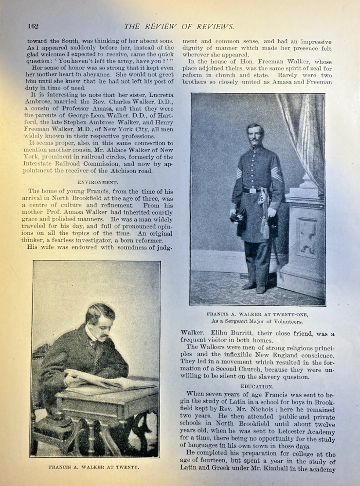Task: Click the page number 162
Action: pyautogui.click(x=33, y=26)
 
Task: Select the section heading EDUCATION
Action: pyautogui.click(x=256, y=386)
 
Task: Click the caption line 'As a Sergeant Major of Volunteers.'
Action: pyautogui.click(x=258, y=322)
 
